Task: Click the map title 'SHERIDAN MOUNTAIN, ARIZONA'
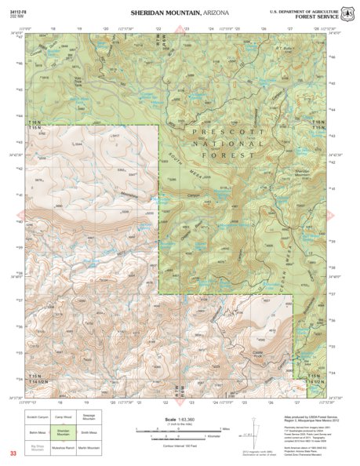(180, 13)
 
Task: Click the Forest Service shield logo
(350, 13)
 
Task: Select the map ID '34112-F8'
(19, 10)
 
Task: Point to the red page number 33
(13, 453)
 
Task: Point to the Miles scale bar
(180, 428)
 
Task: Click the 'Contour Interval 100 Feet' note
(180, 444)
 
